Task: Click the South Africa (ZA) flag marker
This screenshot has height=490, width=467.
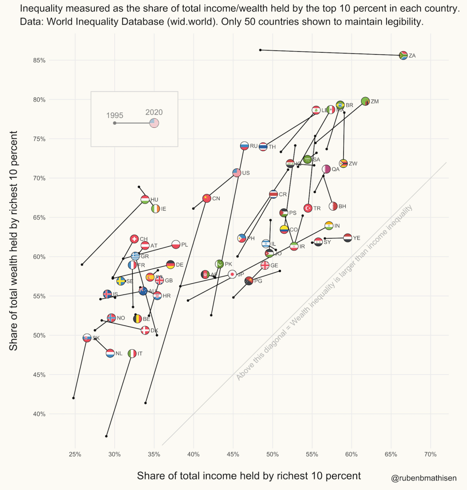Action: click(x=403, y=56)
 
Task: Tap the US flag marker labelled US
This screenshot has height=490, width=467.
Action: click(x=236, y=173)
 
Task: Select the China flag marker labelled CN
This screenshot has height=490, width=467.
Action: click(x=207, y=198)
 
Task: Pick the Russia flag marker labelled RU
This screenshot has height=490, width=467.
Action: click(x=244, y=146)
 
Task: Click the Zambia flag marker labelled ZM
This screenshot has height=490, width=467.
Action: click(x=365, y=102)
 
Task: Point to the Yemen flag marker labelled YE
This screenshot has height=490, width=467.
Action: click(x=348, y=238)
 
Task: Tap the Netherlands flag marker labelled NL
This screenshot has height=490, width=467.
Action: click(x=110, y=353)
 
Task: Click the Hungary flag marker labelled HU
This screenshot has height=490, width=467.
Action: click(x=145, y=200)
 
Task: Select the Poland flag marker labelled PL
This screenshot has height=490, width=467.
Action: click(x=175, y=245)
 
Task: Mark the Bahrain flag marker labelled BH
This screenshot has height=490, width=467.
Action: click(x=333, y=206)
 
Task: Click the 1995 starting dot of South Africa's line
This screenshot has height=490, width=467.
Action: click(x=260, y=50)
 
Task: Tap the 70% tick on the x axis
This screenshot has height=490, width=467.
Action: click(x=430, y=454)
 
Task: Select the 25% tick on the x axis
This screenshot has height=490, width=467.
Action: click(x=75, y=454)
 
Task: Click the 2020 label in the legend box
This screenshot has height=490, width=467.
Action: click(x=154, y=113)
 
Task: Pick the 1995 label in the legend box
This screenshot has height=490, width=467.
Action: click(x=115, y=115)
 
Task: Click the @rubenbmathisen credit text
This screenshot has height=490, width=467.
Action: click(x=423, y=478)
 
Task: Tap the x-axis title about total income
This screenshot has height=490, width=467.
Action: click(x=248, y=476)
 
